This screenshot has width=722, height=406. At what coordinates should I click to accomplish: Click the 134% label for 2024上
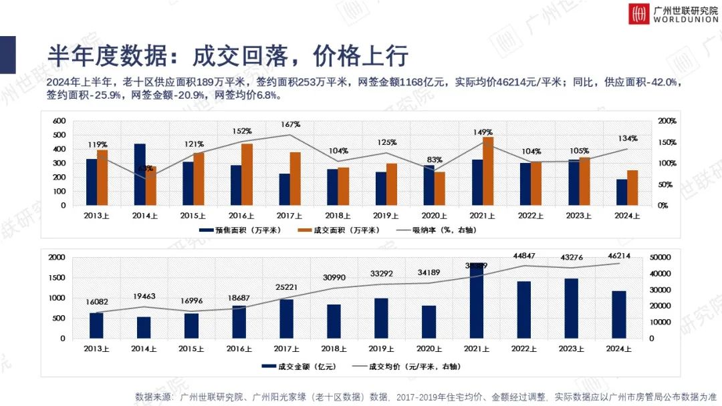pos(628,139)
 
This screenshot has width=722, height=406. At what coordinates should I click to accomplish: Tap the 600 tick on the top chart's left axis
pos(59,121)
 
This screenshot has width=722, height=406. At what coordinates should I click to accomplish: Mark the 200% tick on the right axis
pos(667,121)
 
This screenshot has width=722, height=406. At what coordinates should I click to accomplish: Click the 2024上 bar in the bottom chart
pos(619,315)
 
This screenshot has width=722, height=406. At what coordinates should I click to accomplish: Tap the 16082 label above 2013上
pos(97,302)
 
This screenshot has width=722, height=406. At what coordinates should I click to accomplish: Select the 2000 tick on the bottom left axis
pos(57,257)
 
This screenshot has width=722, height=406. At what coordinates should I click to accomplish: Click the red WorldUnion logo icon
pos(638,14)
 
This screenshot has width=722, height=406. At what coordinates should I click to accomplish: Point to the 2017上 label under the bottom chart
pos(287,349)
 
